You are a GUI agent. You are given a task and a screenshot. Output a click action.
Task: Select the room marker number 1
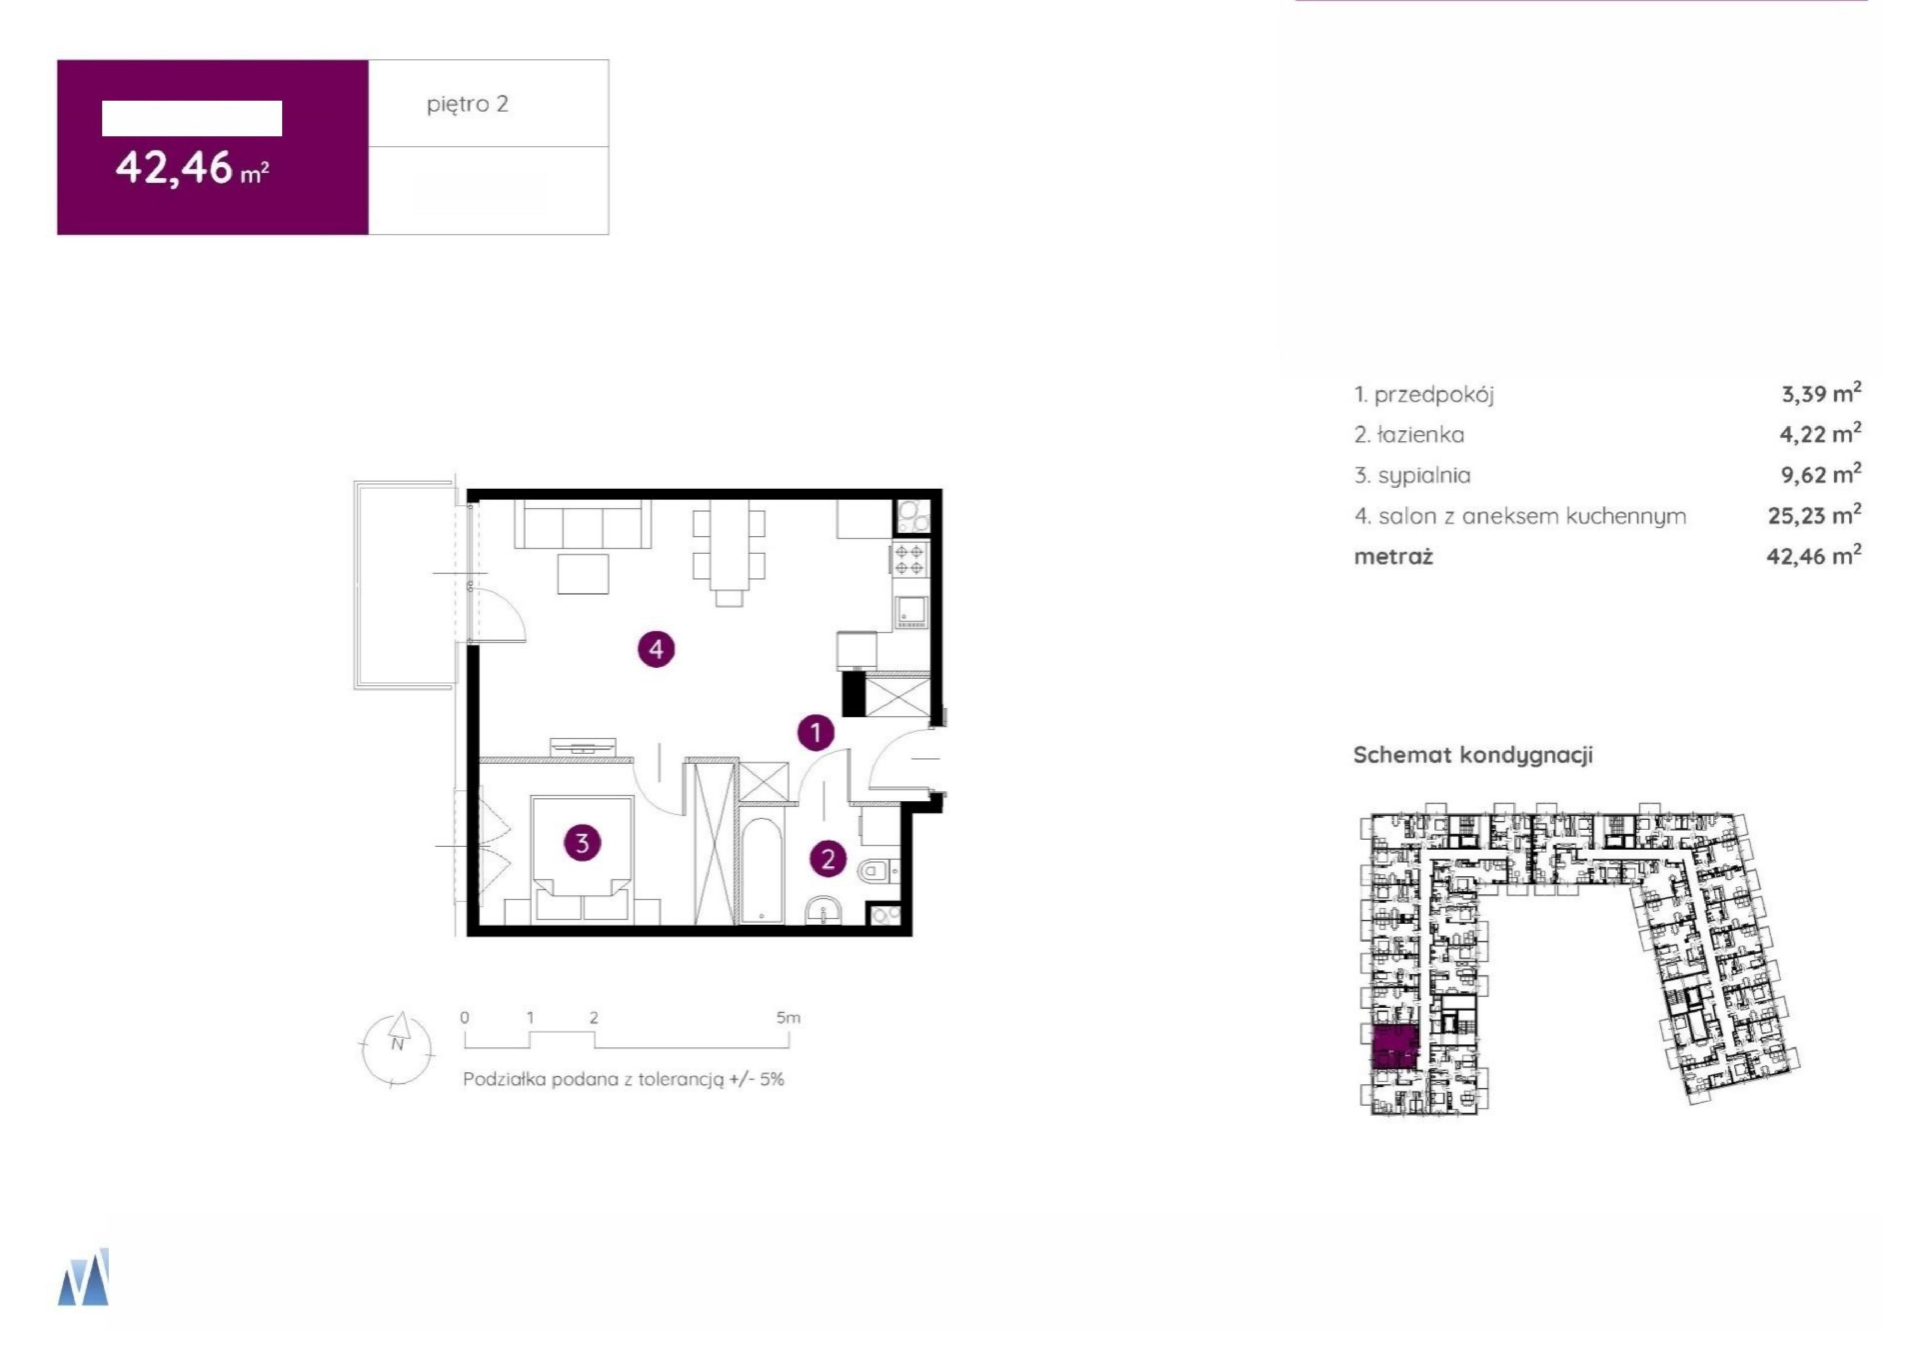tap(815, 732)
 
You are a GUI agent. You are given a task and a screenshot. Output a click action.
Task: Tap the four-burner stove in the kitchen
tap(910, 560)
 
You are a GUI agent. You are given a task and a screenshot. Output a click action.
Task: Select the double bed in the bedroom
tap(582, 858)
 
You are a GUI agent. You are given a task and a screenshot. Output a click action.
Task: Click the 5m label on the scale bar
tap(788, 1017)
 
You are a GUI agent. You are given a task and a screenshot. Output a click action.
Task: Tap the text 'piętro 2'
tap(468, 104)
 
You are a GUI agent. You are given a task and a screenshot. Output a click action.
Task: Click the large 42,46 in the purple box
tap(174, 167)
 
